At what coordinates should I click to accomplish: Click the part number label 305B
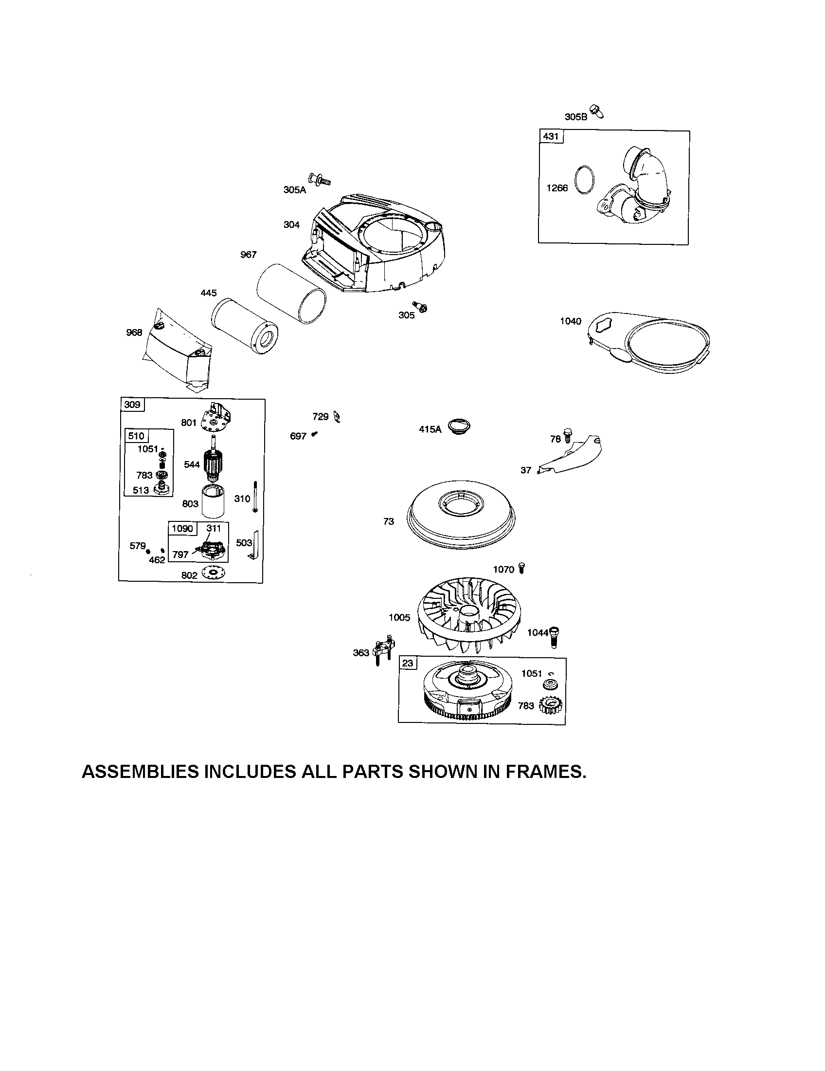click(575, 117)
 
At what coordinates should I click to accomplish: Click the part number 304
click(291, 224)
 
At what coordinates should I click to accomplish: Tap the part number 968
click(134, 332)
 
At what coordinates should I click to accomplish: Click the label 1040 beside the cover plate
click(571, 321)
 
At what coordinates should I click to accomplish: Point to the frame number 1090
click(182, 529)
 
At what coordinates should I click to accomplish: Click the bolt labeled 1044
click(556, 635)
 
